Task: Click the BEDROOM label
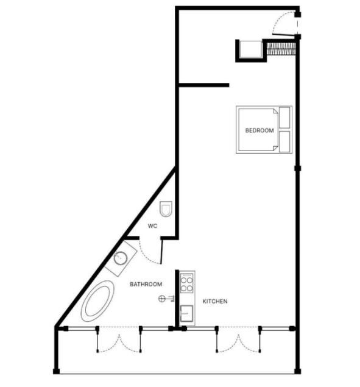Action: [259, 130]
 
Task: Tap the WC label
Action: [152, 226]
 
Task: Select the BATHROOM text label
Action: [146, 284]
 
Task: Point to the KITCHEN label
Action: [215, 301]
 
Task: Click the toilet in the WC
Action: [166, 209]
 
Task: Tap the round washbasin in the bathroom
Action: [121, 258]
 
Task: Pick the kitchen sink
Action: [186, 313]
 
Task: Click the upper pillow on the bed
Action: [284, 118]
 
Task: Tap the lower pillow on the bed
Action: [284, 141]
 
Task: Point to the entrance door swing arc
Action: [280, 18]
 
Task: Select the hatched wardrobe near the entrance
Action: [281, 49]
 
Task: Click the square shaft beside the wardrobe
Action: [251, 49]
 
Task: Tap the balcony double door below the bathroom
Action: [119, 339]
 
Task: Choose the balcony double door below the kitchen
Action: [238, 339]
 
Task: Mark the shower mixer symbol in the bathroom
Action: [166, 299]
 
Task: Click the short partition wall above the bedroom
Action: [204, 85]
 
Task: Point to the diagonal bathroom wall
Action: [115, 247]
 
